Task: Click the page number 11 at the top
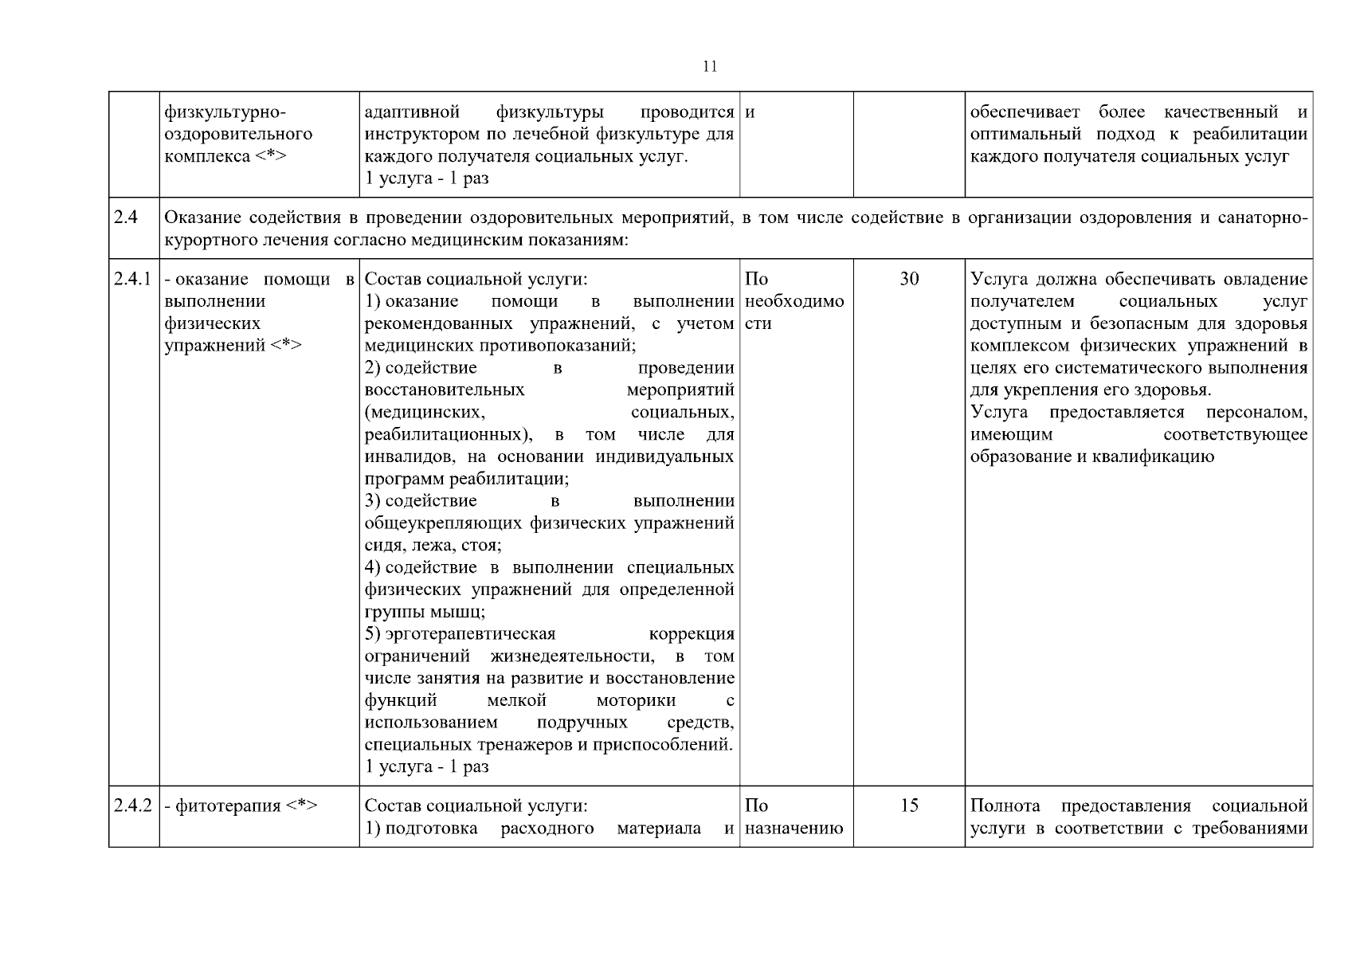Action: [x=710, y=67]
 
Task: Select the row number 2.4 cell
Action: [x=126, y=217]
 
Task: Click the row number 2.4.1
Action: [x=132, y=280]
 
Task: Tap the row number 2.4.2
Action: [x=132, y=805]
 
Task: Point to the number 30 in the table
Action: [x=909, y=280]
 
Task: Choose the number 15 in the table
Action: [x=909, y=805]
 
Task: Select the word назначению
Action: [x=794, y=828]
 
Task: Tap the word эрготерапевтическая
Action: [x=470, y=634]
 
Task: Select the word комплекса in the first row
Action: [x=207, y=157]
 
